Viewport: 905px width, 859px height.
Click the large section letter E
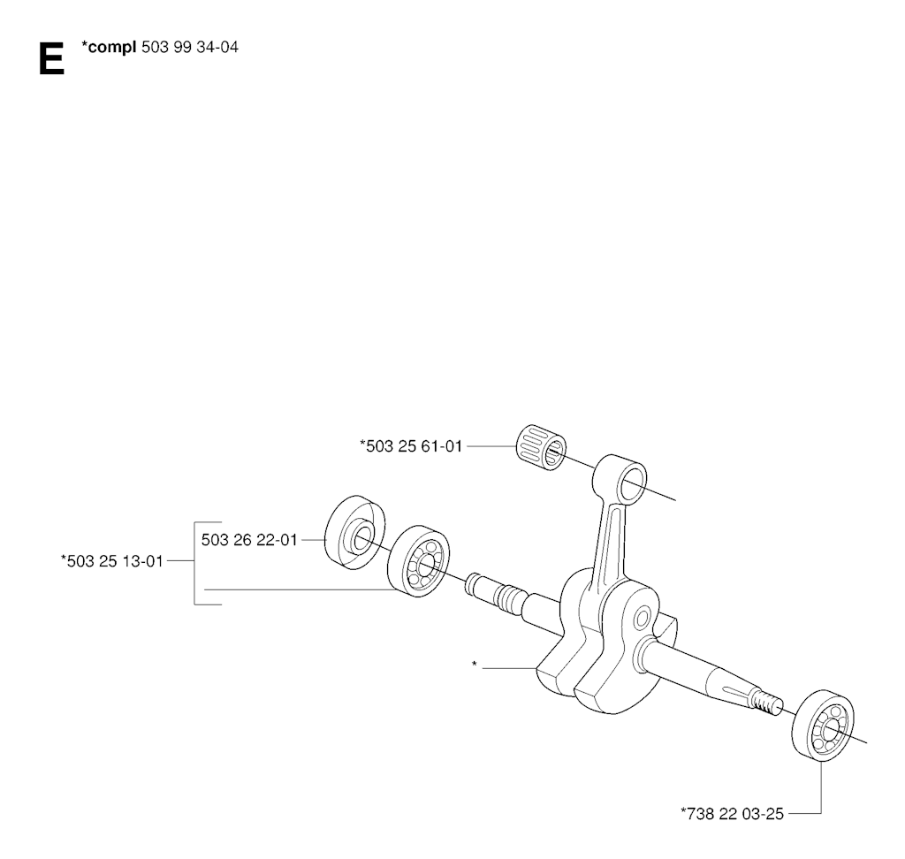(x=51, y=59)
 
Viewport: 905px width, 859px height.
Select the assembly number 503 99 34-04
(x=189, y=47)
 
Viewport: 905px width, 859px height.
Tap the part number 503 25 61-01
(x=412, y=446)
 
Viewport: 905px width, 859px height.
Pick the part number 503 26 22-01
(x=249, y=540)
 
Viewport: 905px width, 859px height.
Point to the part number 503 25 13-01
(x=112, y=560)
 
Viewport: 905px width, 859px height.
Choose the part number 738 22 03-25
(x=732, y=813)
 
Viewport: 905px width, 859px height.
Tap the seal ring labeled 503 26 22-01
(x=355, y=532)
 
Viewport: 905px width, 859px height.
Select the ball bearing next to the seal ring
(x=418, y=561)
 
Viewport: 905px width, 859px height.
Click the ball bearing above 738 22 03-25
(x=824, y=725)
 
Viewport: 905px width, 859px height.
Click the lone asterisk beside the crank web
(x=475, y=665)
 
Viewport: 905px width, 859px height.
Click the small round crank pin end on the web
(x=642, y=619)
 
